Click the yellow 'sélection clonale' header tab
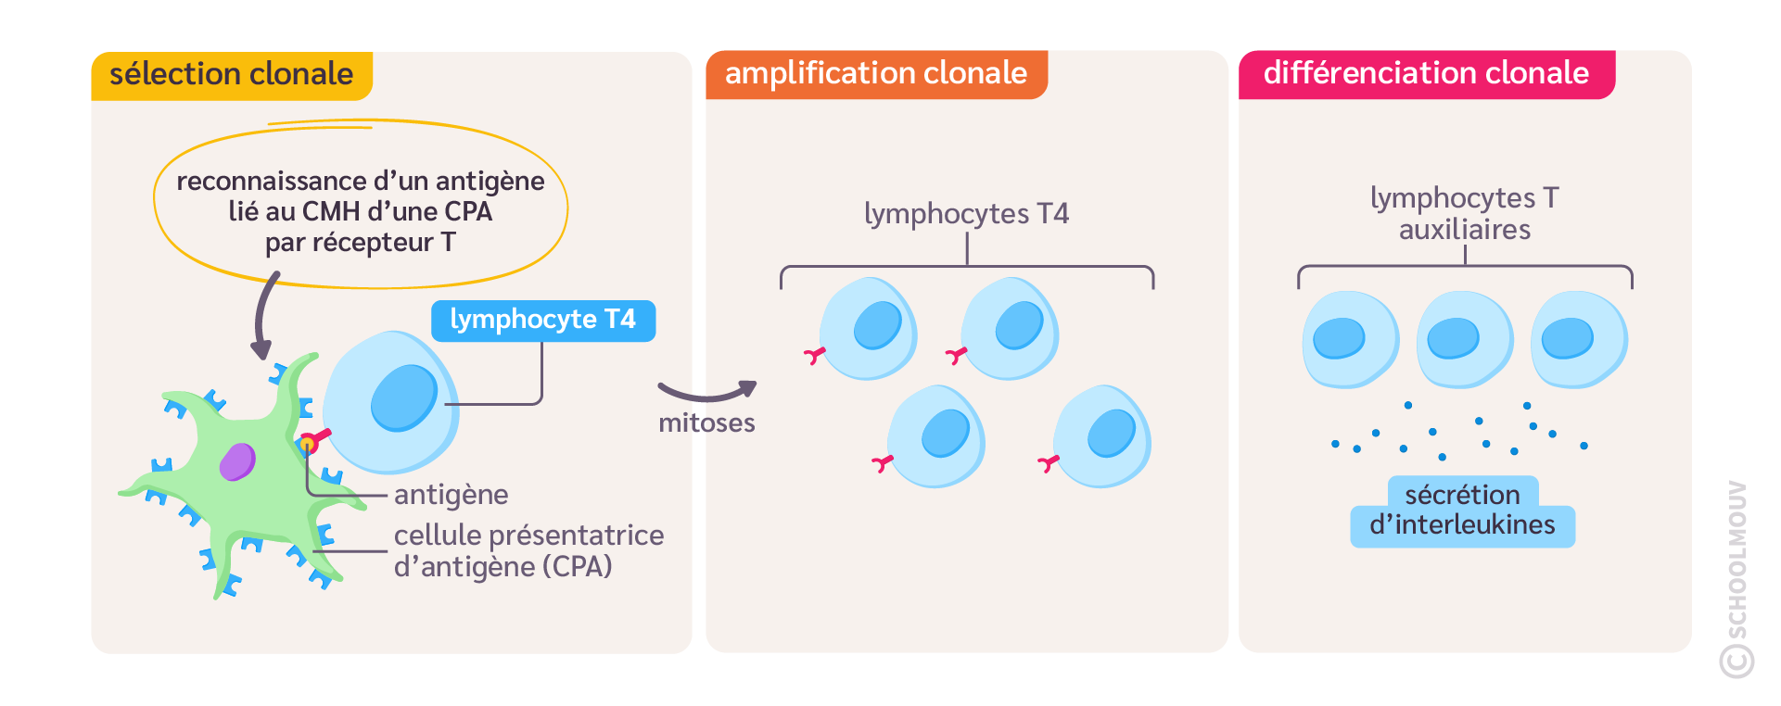click(231, 75)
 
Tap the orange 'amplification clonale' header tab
click(875, 74)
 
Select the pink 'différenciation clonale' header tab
click(1426, 74)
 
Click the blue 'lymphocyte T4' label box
click(542, 321)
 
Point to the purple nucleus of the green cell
click(237, 461)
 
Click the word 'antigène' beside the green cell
click(451, 495)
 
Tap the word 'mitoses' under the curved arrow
click(706, 423)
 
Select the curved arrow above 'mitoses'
click(707, 393)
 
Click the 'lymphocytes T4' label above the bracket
click(966, 214)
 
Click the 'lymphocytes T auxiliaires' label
click(1464, 214)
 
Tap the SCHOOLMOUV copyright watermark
click(1736, 579)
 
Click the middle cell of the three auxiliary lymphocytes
click(1464, 339)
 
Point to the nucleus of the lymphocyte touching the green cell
click(404, 398)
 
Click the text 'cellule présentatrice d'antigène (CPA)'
click(528, 550)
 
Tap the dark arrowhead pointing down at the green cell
click(261, 349)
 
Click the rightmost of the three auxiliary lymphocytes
click(1578, 339)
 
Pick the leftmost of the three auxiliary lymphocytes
click(1350, 339)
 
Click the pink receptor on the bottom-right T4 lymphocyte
click(1048, 463)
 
